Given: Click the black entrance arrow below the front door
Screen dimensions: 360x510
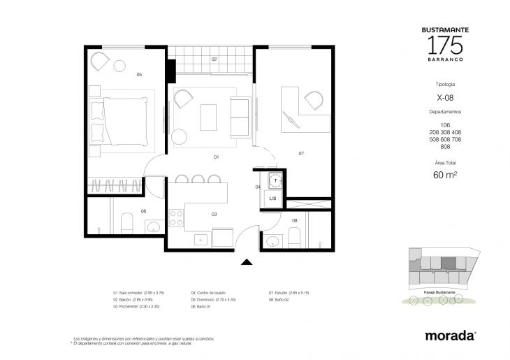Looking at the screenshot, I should click(246, 262).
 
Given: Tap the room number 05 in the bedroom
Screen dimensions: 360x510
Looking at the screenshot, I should click(139, 74).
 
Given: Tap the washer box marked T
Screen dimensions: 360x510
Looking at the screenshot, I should click(275, 180).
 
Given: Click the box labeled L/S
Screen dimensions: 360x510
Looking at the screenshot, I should click(273, 199).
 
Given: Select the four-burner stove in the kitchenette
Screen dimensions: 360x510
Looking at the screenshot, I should click(175, 219).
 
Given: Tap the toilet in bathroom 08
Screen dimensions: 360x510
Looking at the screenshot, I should click(294, 236).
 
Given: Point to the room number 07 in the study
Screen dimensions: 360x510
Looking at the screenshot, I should click(301, 153).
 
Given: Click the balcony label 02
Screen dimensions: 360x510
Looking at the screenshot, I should click(214, 59).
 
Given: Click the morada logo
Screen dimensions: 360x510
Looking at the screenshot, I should click(451, 336).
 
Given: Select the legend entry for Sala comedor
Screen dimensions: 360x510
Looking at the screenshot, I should click(138, 293).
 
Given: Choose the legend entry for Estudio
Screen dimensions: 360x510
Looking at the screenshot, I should click(289, 293).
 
